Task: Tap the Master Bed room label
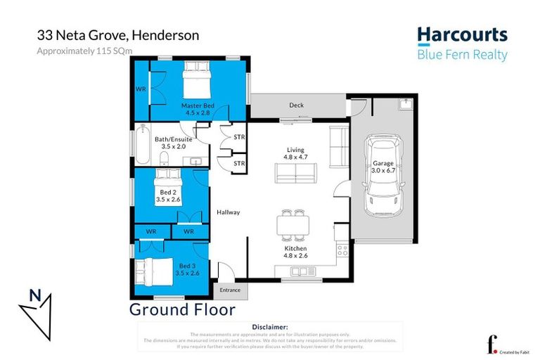click(197, 105)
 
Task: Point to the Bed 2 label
click(167, 192)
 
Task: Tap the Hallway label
click(229, 212)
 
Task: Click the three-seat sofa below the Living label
click(295, 173)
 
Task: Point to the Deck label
click(296, 105)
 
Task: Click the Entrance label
click(230, 290)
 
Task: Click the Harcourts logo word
click(462, 35)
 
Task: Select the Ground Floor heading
click(182, 309)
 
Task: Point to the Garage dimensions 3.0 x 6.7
click(384, 170)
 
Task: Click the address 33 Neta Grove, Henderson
click(117, 35)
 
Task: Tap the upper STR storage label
click(239, 137)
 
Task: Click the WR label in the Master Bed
click(140, 89)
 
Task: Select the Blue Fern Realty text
click(462, 55)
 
